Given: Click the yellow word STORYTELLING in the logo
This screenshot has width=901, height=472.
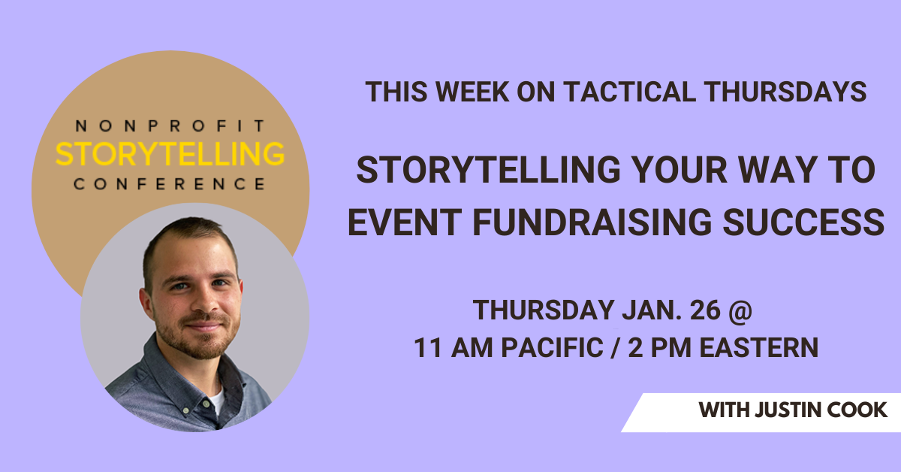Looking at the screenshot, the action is click(x=170, y=154).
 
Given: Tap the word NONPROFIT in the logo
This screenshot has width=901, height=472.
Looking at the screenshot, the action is click(x=170, y=126).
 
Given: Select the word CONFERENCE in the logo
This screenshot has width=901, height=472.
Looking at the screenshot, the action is click(x=170, y=184).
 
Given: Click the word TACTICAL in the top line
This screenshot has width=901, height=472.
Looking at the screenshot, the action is click(x=629, y=92).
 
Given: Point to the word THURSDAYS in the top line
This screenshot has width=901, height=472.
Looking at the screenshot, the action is click(x=786, y=92).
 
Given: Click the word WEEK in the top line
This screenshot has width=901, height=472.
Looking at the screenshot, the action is click(x=472, y=92).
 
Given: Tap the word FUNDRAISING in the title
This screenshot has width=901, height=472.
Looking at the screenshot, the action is click(x=592, y=222).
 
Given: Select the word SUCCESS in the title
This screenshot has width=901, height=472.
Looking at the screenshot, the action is click(x=804, y=222).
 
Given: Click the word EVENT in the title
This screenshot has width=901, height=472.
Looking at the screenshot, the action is click(x=405, y=222).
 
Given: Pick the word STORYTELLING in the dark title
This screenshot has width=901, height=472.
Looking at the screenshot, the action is click(x=488, y=170).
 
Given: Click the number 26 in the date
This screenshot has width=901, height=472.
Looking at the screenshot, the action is click(x=705, y=310).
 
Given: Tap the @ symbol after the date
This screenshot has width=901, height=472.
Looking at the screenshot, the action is click(x=740, y=311).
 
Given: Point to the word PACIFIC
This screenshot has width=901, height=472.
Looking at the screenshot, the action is click(x=553, y=347).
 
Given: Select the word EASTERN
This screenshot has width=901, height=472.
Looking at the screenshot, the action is click(x=759, y=347).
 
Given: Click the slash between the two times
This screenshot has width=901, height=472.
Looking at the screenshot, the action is click(x=615, y=348).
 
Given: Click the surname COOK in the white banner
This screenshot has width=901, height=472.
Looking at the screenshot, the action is click(x=857, y=410).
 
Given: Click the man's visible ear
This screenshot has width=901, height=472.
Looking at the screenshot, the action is click(x=146, y=303).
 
